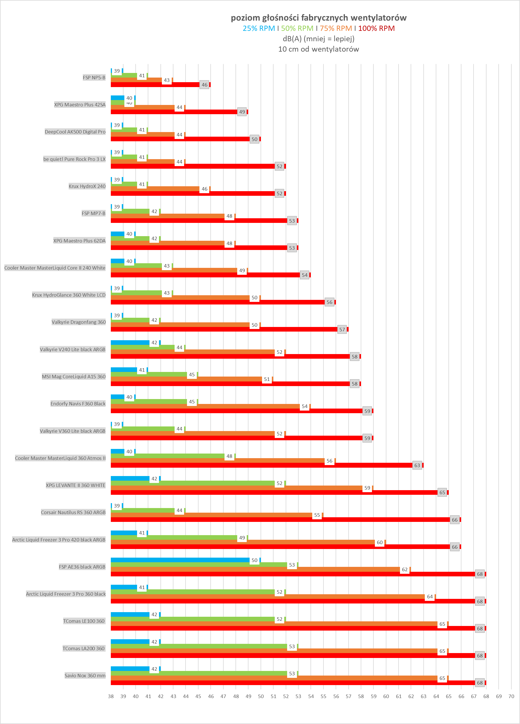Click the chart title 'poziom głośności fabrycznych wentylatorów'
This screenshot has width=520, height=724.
[319, 18]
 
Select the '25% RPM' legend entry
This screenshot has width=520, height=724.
[259, 29]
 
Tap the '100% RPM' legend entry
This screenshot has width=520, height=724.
[376, 29]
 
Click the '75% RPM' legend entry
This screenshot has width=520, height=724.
[336, 29]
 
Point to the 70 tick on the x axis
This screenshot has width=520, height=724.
[511, 696]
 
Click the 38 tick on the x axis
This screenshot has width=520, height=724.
[111, 696]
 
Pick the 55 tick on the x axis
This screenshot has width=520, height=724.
[323, 696]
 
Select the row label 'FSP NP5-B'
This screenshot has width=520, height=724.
[94, 78]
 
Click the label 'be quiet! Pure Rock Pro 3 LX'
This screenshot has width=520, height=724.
[74, 159]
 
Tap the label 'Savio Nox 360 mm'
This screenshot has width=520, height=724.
[85, 676]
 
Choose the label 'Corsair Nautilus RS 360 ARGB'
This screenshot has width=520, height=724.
[73, 512]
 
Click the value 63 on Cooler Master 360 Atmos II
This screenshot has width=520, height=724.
[417, 465]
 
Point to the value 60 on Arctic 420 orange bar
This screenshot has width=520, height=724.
[379, 542]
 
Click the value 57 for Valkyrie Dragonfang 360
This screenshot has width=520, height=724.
[342, 330]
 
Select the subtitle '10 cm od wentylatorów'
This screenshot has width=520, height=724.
[319, 49]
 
